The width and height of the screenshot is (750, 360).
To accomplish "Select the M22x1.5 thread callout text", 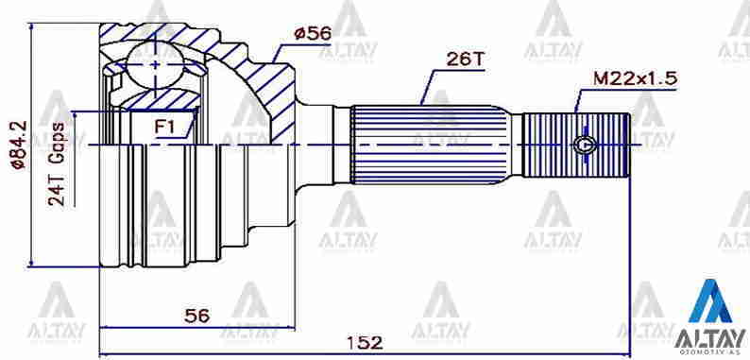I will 635,79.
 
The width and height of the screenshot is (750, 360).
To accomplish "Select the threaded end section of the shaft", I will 576,147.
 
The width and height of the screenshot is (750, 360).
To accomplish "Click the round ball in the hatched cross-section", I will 154,64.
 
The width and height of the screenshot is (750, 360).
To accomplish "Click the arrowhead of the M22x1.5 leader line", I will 577,111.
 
